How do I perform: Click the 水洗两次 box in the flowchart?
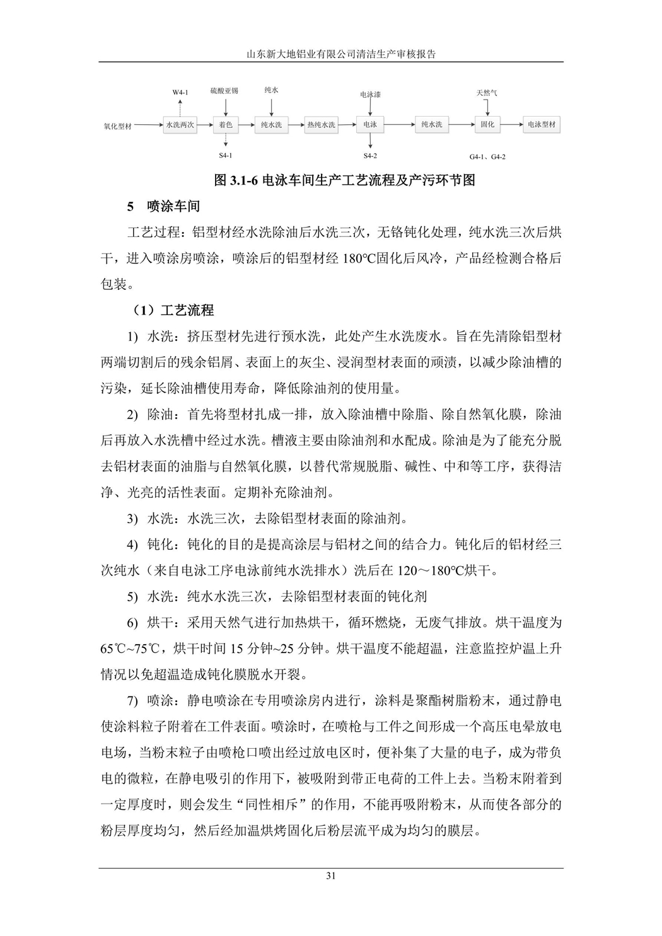point(180,125)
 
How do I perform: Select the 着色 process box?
point(226,125)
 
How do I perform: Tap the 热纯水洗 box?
point(321,125)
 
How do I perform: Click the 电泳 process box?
point(369,125)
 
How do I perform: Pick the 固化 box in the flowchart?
point(487,125)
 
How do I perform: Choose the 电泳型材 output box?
point(542,125)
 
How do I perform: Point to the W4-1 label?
point(180,93)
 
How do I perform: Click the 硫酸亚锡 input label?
point(224,91)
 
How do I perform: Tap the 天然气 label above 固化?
point(487,93)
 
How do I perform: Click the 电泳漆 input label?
point(370,95)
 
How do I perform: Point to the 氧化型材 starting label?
point(118,125)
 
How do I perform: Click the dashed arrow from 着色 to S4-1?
point(226,141)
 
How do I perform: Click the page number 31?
point(331,875)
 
